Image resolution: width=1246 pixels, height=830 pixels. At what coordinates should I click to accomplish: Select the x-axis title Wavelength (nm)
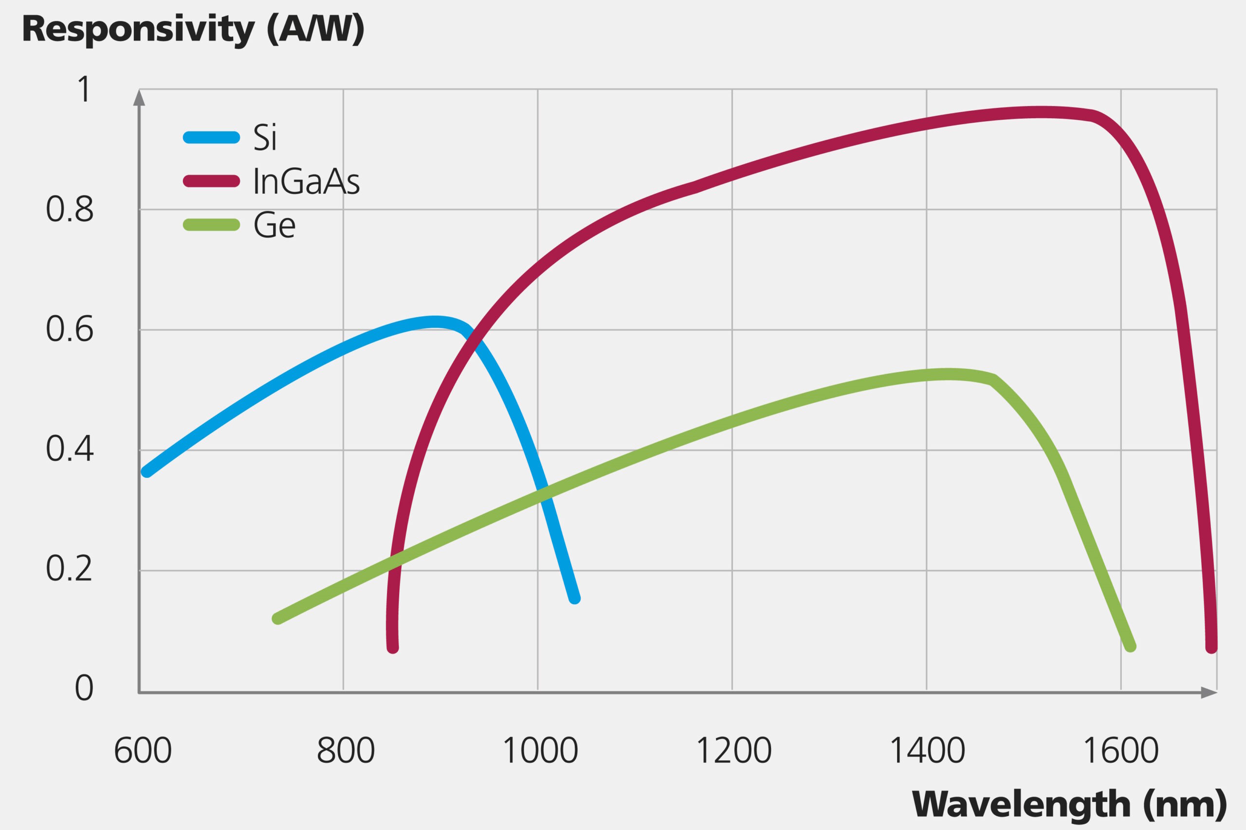coord(1069,804)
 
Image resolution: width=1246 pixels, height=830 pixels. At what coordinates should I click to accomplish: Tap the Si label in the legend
coord(265,138)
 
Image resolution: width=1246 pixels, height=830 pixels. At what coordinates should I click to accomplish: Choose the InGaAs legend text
coord(307,181)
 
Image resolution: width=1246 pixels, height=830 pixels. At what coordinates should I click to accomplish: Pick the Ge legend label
coord(275,225)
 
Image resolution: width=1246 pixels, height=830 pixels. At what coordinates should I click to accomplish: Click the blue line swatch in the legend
coord(211,138)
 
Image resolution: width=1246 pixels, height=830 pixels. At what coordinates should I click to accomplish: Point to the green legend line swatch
coord(211,225)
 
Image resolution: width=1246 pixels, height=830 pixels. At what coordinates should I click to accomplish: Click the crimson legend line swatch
coord(211,181)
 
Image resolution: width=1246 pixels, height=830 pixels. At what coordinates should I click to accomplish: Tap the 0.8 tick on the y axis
coord(70,210)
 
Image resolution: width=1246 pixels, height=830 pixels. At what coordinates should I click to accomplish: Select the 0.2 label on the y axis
coord(70,569)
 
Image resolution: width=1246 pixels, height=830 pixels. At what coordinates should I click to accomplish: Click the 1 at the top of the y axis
coord(84,89)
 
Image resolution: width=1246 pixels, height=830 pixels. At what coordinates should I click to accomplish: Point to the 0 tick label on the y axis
coord(84,688)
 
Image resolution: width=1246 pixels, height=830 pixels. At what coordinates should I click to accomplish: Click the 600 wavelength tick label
coord(143,751)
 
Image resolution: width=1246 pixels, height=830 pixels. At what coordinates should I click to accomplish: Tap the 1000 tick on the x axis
coord(540,751)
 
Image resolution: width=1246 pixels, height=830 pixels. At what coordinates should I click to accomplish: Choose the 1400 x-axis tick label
coord(927,751)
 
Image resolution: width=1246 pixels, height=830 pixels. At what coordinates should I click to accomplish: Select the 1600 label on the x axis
coord(1121,751)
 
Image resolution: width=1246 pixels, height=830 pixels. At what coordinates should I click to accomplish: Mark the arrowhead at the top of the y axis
coord(139,97)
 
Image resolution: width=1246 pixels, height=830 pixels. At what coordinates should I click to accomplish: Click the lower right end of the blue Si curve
coord(574,599)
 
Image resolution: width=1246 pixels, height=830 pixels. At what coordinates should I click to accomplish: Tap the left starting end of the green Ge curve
coord(277,618)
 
